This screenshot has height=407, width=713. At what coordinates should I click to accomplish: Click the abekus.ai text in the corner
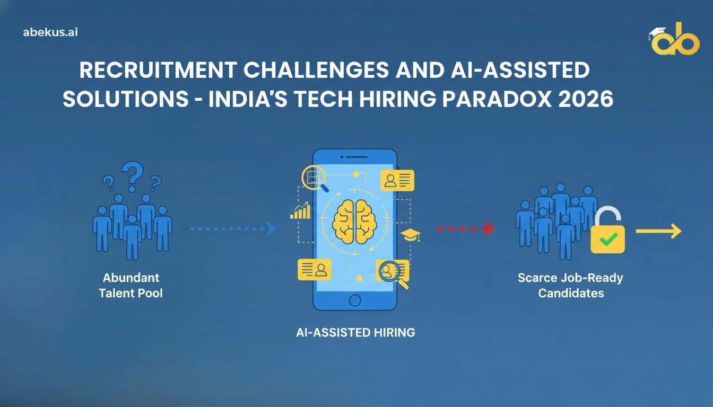click(x=51, y=32)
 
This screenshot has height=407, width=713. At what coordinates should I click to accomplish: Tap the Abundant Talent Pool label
click(x=131, y=285)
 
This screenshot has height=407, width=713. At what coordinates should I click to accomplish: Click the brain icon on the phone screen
click(x=355, y=221)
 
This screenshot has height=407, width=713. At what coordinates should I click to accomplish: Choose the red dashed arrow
click(x=465, y=229)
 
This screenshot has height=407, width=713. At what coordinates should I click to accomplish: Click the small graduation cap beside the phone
click(x=410, y=235)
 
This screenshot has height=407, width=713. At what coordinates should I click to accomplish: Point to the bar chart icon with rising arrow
click(x=300, y=210)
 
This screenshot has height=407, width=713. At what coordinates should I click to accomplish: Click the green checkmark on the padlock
click(x=607, y=241)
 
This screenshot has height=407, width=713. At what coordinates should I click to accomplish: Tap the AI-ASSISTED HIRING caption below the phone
click(x=355, y=333)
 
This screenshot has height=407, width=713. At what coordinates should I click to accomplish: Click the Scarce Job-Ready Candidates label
click(x=570, y=285)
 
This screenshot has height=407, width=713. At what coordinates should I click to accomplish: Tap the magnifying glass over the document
click(x=315, y=179)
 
